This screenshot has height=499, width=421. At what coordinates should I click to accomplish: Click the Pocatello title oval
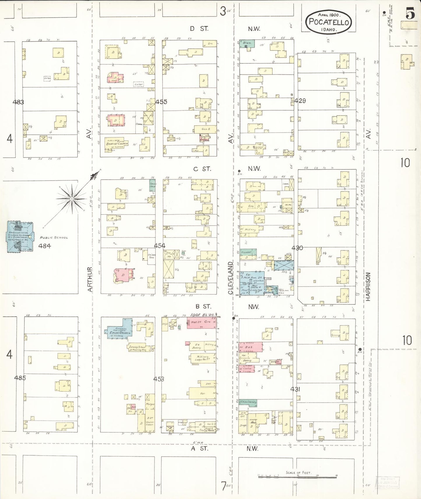click(x=329, y=22)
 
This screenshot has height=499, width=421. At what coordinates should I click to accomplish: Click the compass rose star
click(x=72, y=199)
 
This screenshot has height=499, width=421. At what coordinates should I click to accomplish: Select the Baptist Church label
click(x=117, y=144)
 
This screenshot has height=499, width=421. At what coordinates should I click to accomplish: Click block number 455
click(x=161, y=102)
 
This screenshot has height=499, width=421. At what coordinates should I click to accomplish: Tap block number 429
click(x=300, y=101)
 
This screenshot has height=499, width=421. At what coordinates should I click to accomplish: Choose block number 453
click(x=159, y=379)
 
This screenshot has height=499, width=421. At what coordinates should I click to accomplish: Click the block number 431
click(x=295, y=389)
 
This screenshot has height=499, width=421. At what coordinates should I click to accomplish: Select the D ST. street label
click(x=199, y=29)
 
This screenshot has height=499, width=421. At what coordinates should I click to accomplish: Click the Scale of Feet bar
click(x=298, y=476)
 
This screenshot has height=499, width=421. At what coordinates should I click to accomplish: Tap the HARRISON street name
click(x=368, y=286)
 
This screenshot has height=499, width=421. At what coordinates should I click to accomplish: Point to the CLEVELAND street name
click(x=230, y=278)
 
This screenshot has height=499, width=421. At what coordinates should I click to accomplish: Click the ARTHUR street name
click(x=90, y=279)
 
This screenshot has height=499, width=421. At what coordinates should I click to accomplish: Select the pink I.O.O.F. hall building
click(x=201, y=323)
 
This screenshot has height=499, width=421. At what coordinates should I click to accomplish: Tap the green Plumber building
click(x=248, y=254)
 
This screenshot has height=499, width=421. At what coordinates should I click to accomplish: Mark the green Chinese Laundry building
click(x=248, y=402)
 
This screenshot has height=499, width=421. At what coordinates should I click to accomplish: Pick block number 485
click(x=20, y=378)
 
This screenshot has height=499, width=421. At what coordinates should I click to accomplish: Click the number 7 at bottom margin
click(x=223, y=486)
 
